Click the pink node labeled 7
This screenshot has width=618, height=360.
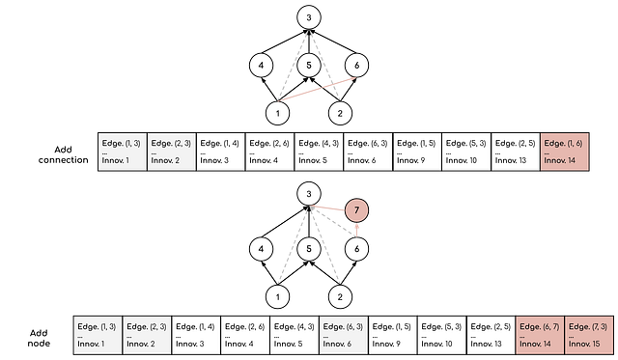pyautogui.click(x=357, y=208)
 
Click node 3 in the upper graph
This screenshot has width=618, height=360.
pyautogui.click(x=308, y=17)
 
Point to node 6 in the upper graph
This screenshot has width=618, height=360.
pyautogui.click(x=357, y=65)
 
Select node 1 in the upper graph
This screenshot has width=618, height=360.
pyautogui.click(x=278, y=113)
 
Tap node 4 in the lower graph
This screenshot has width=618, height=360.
pyautogui.click(x=259, y=248)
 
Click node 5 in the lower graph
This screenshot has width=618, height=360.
pyautogui.click(x=308, y=248)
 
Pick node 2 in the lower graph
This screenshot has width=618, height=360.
pyautogui.click(x=338, y=296)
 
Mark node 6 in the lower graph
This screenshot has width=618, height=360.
pyautogui.click(x=357, y=248)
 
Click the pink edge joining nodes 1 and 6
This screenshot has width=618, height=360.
pyautogui.click(x=318, y=90)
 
